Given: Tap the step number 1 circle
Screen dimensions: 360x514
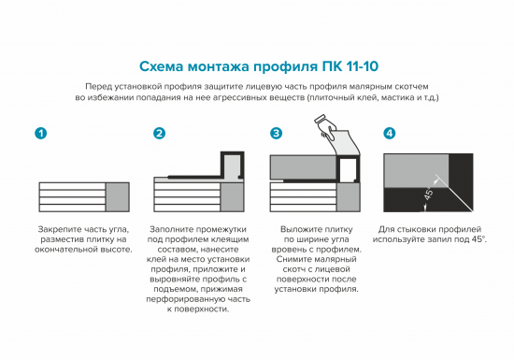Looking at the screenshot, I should (x=40, y=134).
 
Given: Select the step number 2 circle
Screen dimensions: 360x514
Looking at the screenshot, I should (x=159, y=134).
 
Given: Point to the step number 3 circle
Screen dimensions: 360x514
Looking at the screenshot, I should (x=276, y=134).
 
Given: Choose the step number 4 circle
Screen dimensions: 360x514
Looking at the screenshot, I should (x=389, y=134).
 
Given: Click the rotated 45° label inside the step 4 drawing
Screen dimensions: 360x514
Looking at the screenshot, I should (x=430, y=197).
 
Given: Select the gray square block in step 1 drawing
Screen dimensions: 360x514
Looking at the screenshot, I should (x=118, y=197).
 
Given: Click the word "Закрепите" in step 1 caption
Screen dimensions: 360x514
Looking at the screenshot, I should (x=59, y=229).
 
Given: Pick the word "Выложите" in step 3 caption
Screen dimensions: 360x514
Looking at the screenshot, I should (x=302, y=229).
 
